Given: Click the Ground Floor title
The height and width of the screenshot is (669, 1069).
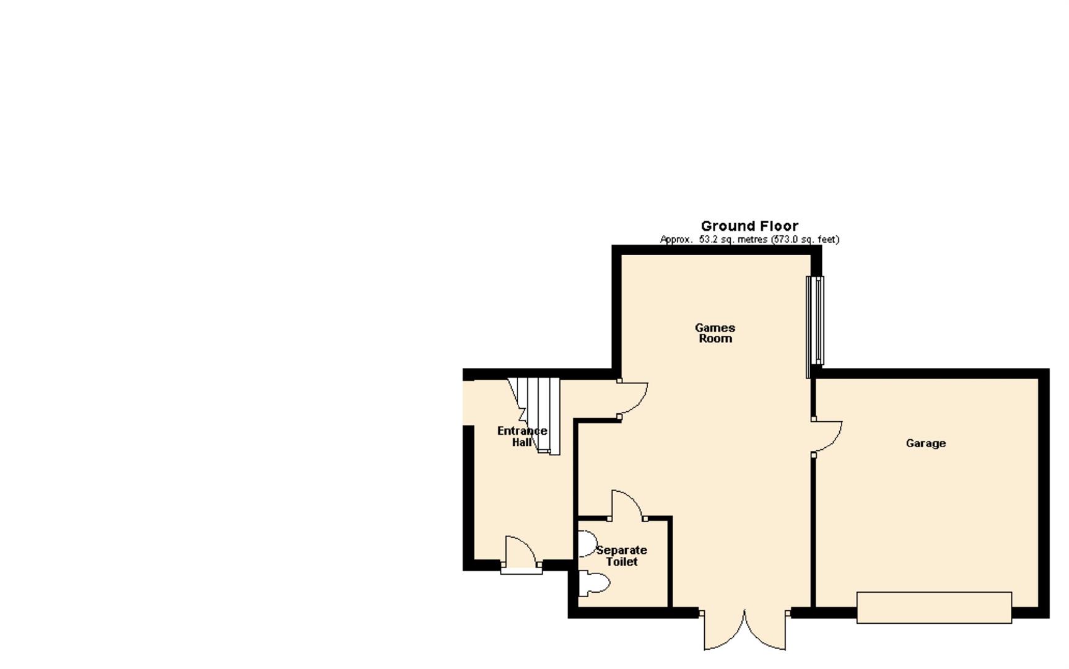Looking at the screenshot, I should click(x=749, y=226).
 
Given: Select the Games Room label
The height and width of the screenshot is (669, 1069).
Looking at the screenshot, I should click(x=715, y=333).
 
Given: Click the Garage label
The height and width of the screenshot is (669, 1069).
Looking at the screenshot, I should click(x=925, y=444).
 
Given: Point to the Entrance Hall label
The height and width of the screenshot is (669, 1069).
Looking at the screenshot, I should click(x=521, y=436).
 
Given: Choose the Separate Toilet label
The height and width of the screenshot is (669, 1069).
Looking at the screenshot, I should click(x=621, y=556).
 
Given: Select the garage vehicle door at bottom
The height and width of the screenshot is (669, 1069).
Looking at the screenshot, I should click(x=933, y=607).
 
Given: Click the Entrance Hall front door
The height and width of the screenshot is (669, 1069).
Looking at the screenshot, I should click(x=520, y=551).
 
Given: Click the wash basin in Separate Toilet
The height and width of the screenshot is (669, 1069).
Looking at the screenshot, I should click(x=586, y=544).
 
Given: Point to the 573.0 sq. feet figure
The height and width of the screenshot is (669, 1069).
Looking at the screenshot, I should click(x=805, y=240).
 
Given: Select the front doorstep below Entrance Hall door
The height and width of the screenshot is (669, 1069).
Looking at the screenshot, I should click(x=521, y=571).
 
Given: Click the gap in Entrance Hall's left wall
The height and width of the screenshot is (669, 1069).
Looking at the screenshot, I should click(x=468, y=403).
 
